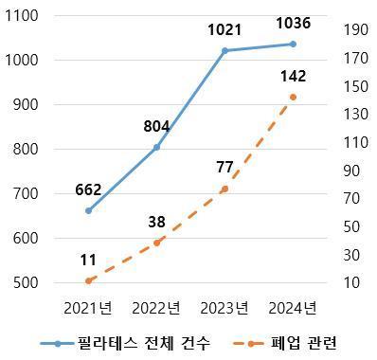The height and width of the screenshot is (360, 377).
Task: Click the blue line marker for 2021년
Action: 88,210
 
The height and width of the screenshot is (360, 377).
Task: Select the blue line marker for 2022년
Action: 156,147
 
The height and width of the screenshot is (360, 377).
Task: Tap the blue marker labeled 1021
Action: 224,50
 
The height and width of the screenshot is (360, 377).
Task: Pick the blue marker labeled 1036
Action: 293,44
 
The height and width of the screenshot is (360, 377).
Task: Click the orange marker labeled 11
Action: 88,281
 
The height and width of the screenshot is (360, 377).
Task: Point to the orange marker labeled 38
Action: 156,243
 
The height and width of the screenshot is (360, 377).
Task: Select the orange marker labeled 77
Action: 224,189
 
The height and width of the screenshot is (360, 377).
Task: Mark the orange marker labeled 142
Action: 293,97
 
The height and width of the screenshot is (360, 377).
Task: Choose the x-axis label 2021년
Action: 88,307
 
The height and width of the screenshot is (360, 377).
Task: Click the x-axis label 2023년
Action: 224,307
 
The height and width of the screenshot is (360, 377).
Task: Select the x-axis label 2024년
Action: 293,307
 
